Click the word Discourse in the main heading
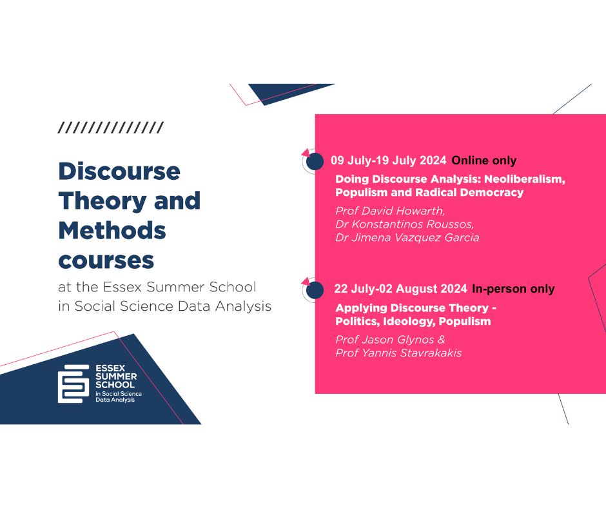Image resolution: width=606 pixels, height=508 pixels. (x=119, y=171)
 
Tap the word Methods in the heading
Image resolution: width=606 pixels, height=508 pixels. (x=112, y=230)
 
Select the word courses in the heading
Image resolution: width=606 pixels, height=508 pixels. (x=106, y=261)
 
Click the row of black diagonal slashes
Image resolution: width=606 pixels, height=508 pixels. (x=111, y=127)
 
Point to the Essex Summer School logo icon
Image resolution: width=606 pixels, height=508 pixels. (x=73, y=384)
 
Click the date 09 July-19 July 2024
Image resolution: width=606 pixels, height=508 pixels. (x=388, y=160)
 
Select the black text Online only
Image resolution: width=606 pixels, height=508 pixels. (x=484, y=160)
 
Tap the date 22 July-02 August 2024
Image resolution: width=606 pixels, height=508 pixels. (x=401, y=288)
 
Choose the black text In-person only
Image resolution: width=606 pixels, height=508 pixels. (x=513, y=289)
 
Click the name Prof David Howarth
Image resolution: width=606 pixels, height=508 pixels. (x=389, y=211)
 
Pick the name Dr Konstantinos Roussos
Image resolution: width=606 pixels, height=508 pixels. (x=404, y=224)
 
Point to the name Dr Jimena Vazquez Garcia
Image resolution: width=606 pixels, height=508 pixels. (x=407, y=237)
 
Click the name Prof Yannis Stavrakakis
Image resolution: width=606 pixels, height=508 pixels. (x=398, y=353)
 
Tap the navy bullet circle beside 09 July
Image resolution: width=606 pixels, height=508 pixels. (x=315, y=161)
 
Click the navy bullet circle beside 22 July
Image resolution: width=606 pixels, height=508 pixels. (x=315, y=290)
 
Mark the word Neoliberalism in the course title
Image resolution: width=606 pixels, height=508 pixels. (x=525, y=179)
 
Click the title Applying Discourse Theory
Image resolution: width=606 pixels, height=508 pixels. (x=412, y=308)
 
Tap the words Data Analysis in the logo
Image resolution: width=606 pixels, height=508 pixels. (x=115, y=400)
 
